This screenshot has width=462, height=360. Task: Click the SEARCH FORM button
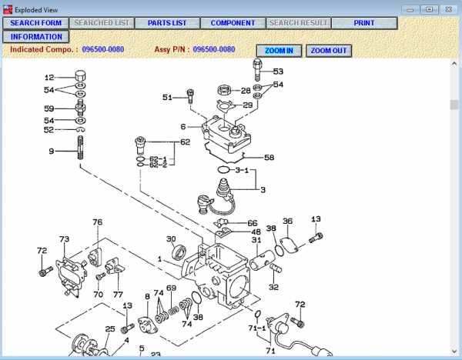pyautogui.click(x=36, y=23)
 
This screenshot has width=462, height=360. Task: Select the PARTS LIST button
pyautogui.click(x=167, y=23)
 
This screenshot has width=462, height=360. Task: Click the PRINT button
pyautogui.click(x=364, y=23)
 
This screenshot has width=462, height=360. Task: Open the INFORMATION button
pyautogui.click(x=36, y=37)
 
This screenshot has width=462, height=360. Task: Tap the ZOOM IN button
pyautogui.click(x=279, y=51)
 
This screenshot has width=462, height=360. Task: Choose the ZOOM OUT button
pyautogui.click(x=329, y=51)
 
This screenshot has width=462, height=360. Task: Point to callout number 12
pyautogui.click(x=49, y=78)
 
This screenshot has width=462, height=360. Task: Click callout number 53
pyautogui.click(x=278, y=72)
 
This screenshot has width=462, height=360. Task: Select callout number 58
pyautogui.click(x=269, y=157)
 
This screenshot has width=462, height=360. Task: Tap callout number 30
pyautogui.click(x=171, y=238)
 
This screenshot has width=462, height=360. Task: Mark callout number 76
pyautogui.click(x=97, y=222)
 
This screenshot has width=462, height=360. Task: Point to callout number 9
pyautogui.click(x=52, y=152)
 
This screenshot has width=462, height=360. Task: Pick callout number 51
pyautogui.click(x=167, y=97)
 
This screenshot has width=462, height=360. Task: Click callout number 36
pyautogui.click(x=287, y=221)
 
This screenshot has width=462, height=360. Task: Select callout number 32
pyautogui.click(x=273, y=287)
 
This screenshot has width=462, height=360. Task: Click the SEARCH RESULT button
pyautogui.click(x=299, y=23)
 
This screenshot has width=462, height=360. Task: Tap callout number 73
pyautogui.click(x=64, y=239)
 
